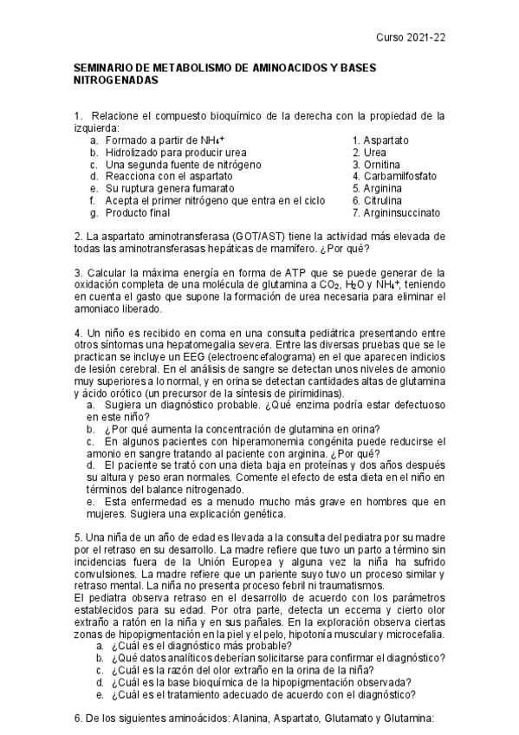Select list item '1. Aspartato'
(x=380, y=140)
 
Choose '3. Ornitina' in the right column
(x=377, y=164)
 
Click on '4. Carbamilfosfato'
(x=394, y=176)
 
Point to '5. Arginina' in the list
(x=377, y=188)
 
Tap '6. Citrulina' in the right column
(x=378, y=200)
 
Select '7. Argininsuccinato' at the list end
(x=396, y=212)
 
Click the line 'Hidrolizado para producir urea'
(x=170, y=152)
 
